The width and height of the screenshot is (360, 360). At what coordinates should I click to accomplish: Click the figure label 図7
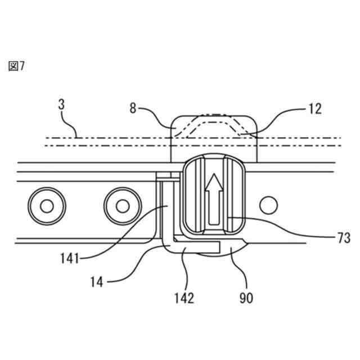16,66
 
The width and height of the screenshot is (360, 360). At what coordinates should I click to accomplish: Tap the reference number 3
61,105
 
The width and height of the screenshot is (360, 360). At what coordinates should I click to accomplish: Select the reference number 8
133,108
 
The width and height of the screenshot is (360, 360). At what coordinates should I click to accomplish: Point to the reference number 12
315,109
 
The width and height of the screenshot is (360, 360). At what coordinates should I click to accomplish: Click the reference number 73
344,238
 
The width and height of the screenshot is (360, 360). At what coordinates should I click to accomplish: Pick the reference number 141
70,259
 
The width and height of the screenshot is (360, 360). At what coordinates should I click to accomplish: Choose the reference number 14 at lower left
96,282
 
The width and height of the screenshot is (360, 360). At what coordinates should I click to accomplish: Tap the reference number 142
184,298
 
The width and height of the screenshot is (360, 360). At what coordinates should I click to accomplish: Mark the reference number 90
246,298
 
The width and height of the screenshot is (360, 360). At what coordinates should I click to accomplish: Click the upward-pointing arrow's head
214,182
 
